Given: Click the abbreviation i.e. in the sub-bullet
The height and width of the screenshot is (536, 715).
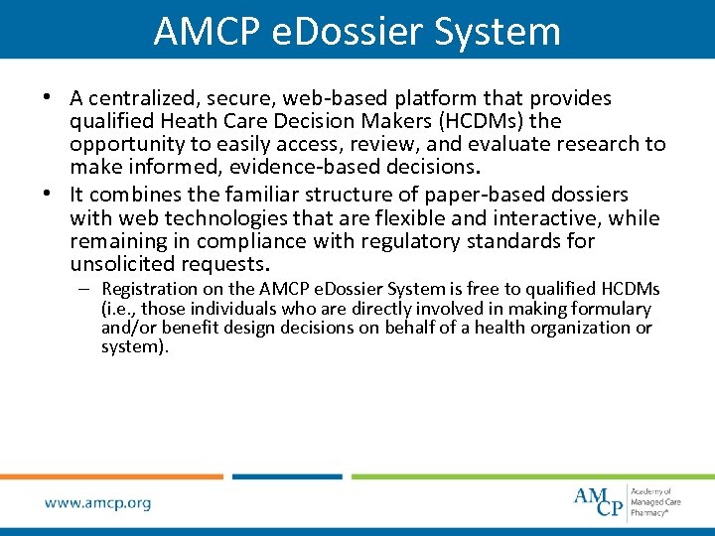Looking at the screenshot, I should [119, 309].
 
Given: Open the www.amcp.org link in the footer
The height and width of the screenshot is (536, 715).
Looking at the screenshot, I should [97, 503].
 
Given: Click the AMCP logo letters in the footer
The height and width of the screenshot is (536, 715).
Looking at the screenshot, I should [599, 500].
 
